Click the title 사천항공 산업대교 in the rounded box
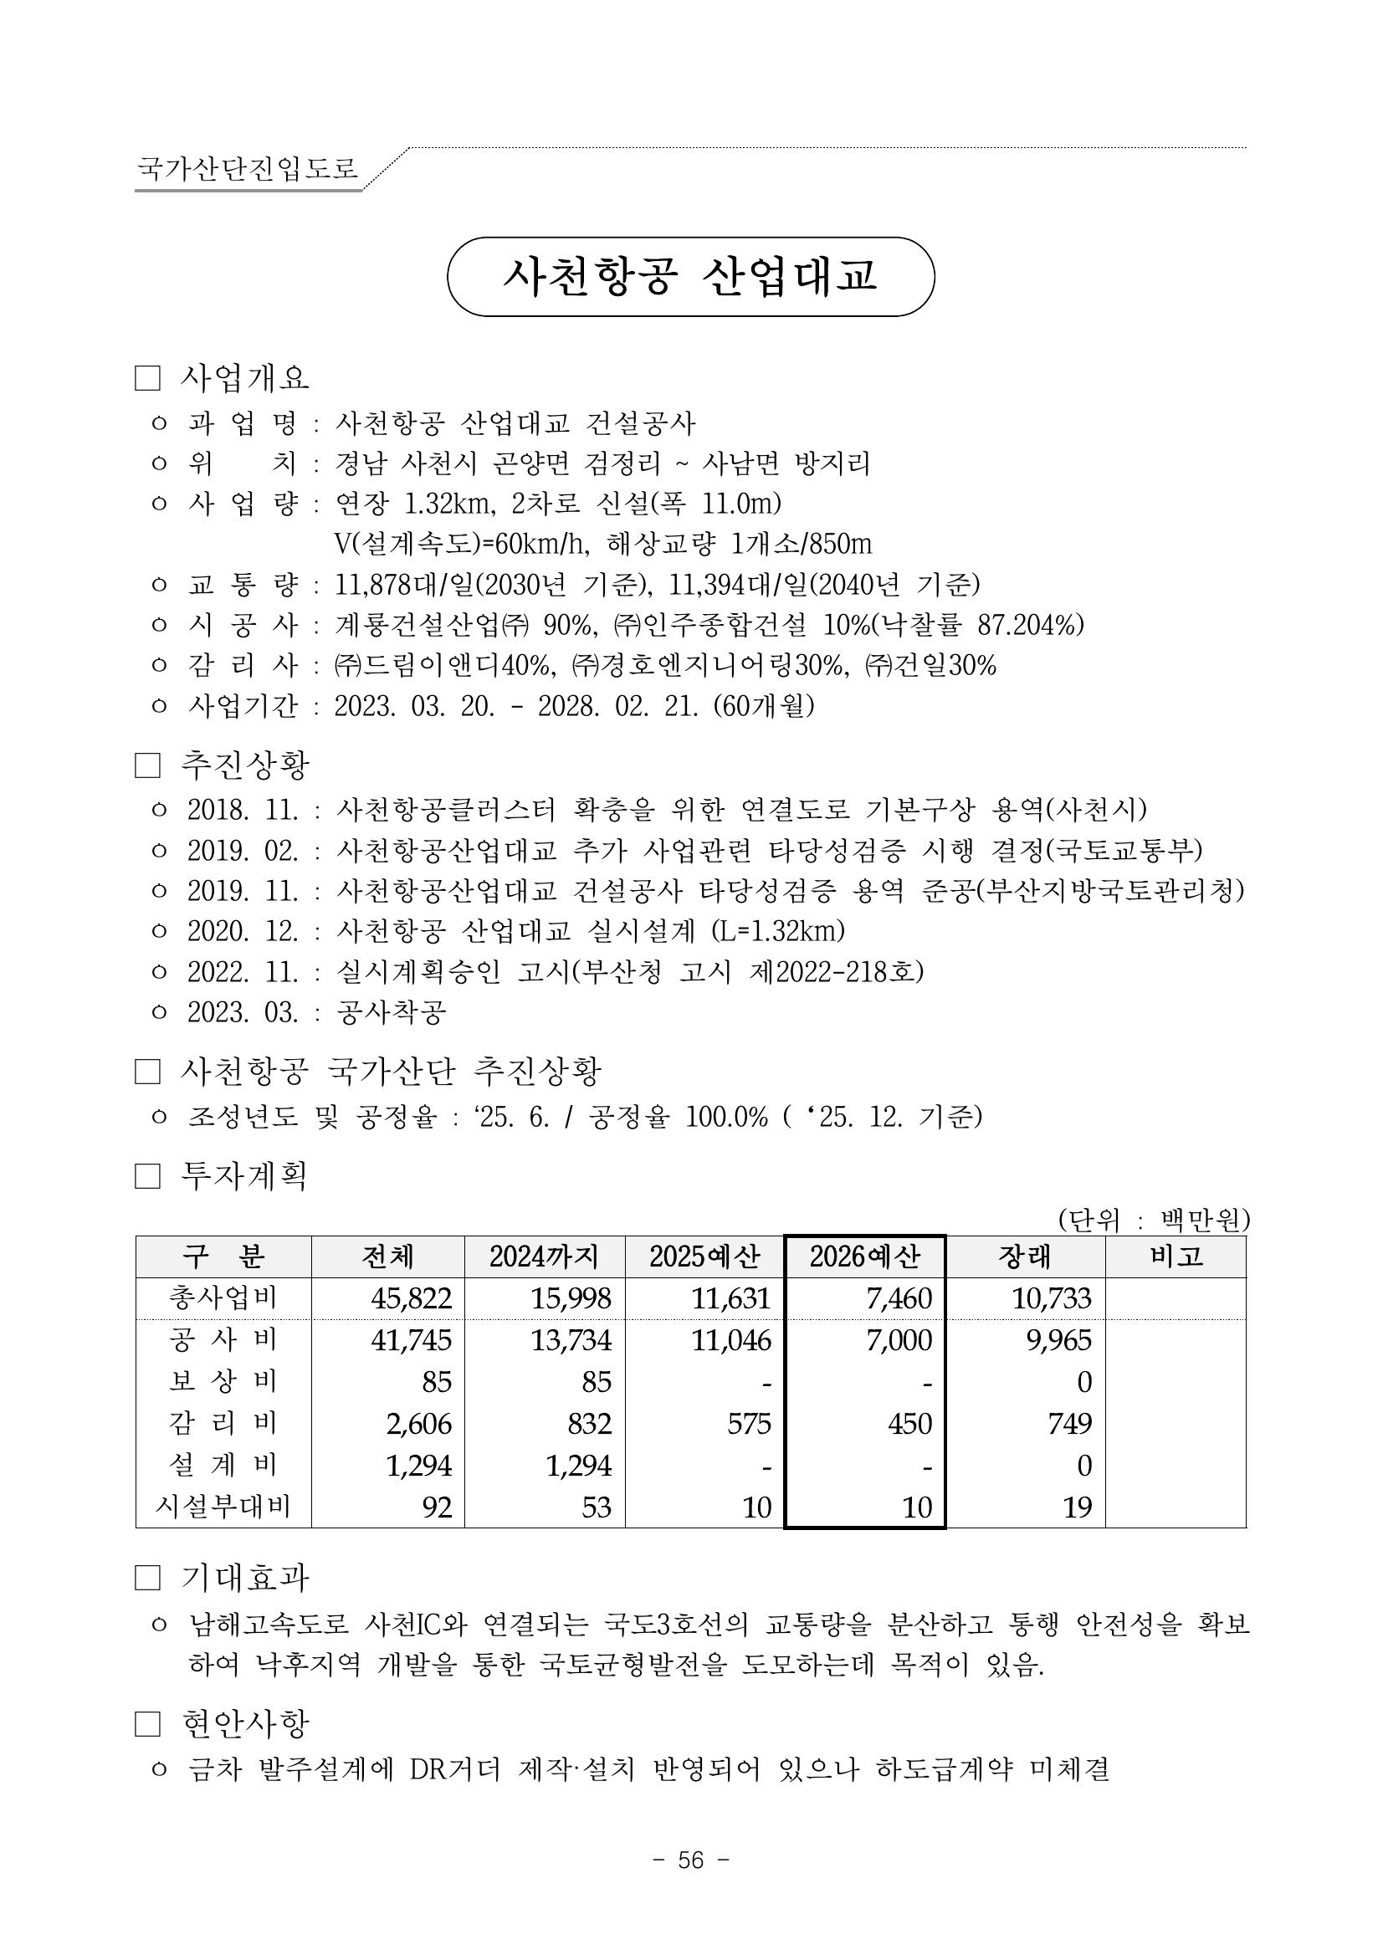tap(689, 277)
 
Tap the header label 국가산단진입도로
tap(248, 168)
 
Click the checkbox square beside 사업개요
tap(147, 379)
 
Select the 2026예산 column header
tap(864, 1256)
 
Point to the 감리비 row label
tap(223, 1423)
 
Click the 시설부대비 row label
tap(223, 1507)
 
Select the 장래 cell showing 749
tap(1068, 1423)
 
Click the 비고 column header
tap(1176, 1256)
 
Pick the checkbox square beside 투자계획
tap(147, 1177)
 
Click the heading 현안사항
tap(245, 1724)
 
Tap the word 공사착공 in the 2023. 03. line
tap(391, 1012)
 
